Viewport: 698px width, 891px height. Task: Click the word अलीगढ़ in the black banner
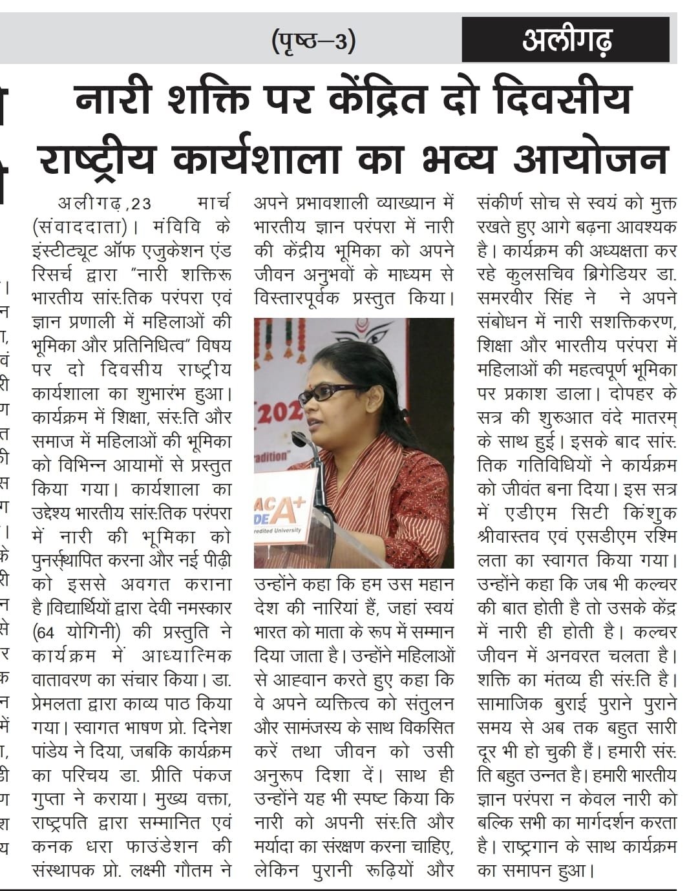[x=566, y=41]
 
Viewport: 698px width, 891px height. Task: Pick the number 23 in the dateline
[x=139, y=204]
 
